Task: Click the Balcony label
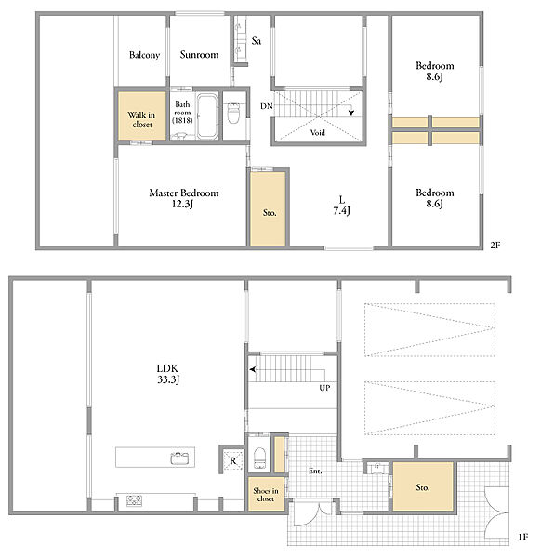point(144,55)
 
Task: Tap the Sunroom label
point(199,55)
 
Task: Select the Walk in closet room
point(142,116)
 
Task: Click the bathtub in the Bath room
point(207,115)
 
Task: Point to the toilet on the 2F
point(233,113)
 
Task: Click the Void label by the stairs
point(317,133)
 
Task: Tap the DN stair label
point(267,106)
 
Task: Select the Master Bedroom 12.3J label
point(183,198)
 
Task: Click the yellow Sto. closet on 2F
point(268,209)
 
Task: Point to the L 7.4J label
point(341,206)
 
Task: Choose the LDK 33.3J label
point(168,374)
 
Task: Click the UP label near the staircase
point(324,388)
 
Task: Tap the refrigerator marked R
point(233,460)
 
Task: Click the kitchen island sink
point(181,458)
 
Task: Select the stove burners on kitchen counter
point(135,500)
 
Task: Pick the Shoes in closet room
point(266,495)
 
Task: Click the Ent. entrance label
point(315,471)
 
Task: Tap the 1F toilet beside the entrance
point(259,458)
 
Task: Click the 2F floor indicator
point(495,246)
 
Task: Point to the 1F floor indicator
point(522,537)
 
